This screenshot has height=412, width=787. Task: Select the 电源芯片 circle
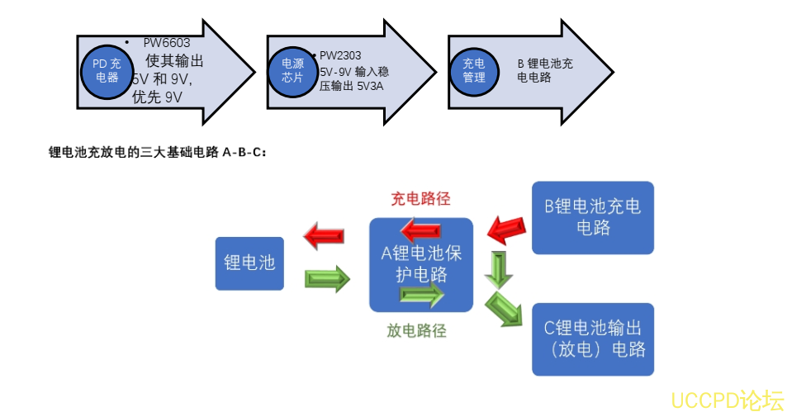pyautogui.click(x=293, y=69)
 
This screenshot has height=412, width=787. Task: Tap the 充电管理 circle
pyautogui.click(x=474, y=69)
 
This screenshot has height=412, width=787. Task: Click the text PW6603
pyautogui.click(x=168, y=42)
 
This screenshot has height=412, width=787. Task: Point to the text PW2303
pyautogui.click(x=340, y=55)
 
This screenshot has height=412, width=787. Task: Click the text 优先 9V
pyautogui.click(x=157, y=97)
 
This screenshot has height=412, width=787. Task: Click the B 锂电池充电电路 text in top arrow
pyautogui.click(x=545, y=70)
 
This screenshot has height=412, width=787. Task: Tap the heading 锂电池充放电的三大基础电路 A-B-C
pyautogui.click(x=157, y=152)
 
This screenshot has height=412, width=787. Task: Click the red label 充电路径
pyautogui.click(x=420, y=199)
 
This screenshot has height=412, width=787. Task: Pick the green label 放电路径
pyautogui.click(x=417, y=331)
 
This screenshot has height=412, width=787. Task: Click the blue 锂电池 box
pyautogui.click(x=249, y=263)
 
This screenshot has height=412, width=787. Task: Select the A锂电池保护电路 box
pyautogui.click(x=421, y=264)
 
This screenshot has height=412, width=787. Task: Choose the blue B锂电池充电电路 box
pyautogui.click(x=593, y=217)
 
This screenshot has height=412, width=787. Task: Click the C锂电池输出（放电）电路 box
pyautogui.click(x=593, y=339)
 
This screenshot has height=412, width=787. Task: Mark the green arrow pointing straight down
pyautogui.click(x=499, y=270)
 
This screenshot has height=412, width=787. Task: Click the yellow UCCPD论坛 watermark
pyautogui.click(x=726, y=401)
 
